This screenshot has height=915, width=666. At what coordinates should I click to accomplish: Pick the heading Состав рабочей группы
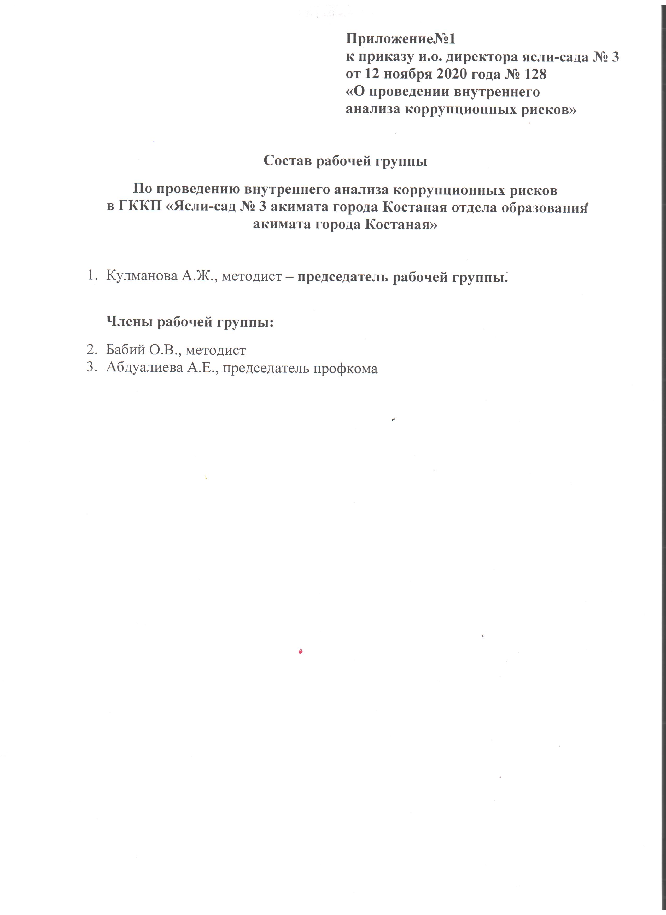click(x=345, y=161)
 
